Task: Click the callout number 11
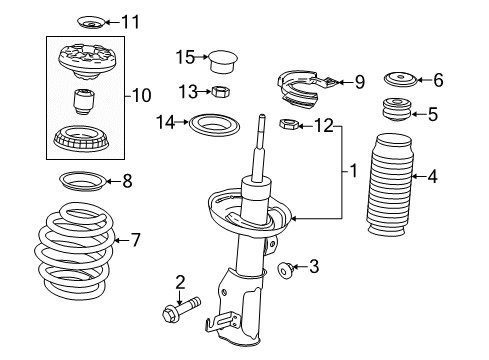132,20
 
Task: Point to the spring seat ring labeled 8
77,182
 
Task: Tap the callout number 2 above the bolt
180,282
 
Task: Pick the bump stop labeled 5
396,112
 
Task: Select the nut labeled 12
287,125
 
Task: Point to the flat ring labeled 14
215,126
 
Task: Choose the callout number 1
351,172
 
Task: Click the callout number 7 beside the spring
137,239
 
